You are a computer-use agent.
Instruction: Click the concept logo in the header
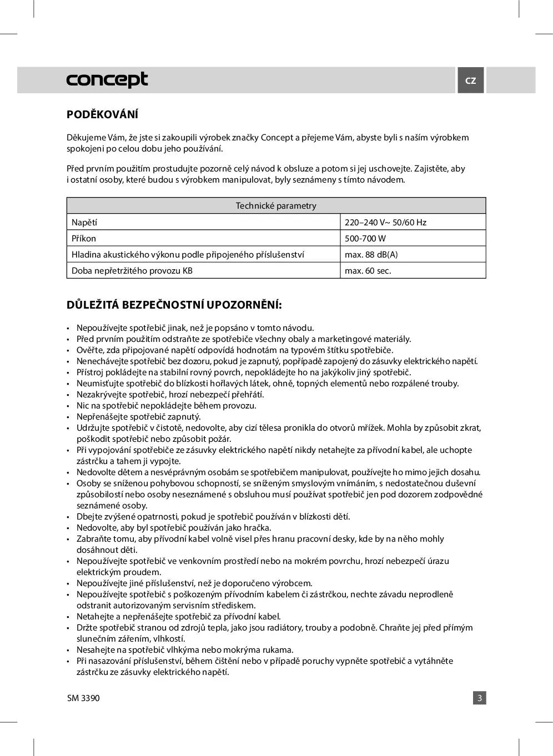click(107, 80)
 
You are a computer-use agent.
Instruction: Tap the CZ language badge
click(470, 80)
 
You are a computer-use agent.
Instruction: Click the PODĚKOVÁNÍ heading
click(102, 115)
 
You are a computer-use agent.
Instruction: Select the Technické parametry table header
click(276, 206)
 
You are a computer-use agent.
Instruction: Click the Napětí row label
click(84, 223)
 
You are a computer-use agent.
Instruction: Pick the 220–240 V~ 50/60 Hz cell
click(385, 223)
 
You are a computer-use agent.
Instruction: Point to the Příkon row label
click(84, 239)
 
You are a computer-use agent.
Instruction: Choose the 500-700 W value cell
click(365, 239)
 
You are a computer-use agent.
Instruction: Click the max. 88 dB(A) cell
click(371, 255)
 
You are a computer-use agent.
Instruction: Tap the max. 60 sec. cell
click(368, 271)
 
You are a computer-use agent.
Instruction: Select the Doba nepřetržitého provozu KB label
click(132, 271)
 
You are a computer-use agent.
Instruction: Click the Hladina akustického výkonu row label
click(188, 255)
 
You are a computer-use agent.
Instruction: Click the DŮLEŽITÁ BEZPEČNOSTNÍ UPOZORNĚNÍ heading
click(174, 305)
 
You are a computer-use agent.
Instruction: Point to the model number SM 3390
click(83, 698)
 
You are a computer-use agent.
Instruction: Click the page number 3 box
click(480, 698)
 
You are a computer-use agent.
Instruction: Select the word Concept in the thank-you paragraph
click(276, 138)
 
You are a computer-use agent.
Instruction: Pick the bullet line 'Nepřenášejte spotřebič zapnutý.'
click(139, 417)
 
